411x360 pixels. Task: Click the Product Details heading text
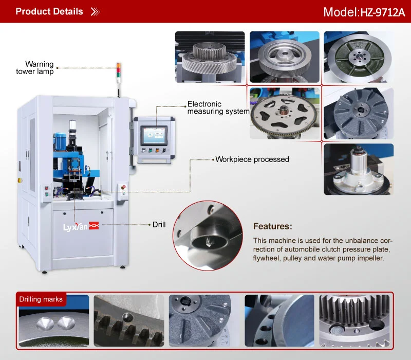coord(49,11)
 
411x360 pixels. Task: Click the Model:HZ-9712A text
coord(364,12)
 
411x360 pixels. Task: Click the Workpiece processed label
coord(252,159)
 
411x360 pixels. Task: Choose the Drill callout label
coord(159,225)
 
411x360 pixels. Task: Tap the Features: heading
coord(273,226)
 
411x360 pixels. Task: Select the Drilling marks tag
coord(41,299)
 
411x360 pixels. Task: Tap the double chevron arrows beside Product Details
coord(95,11)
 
